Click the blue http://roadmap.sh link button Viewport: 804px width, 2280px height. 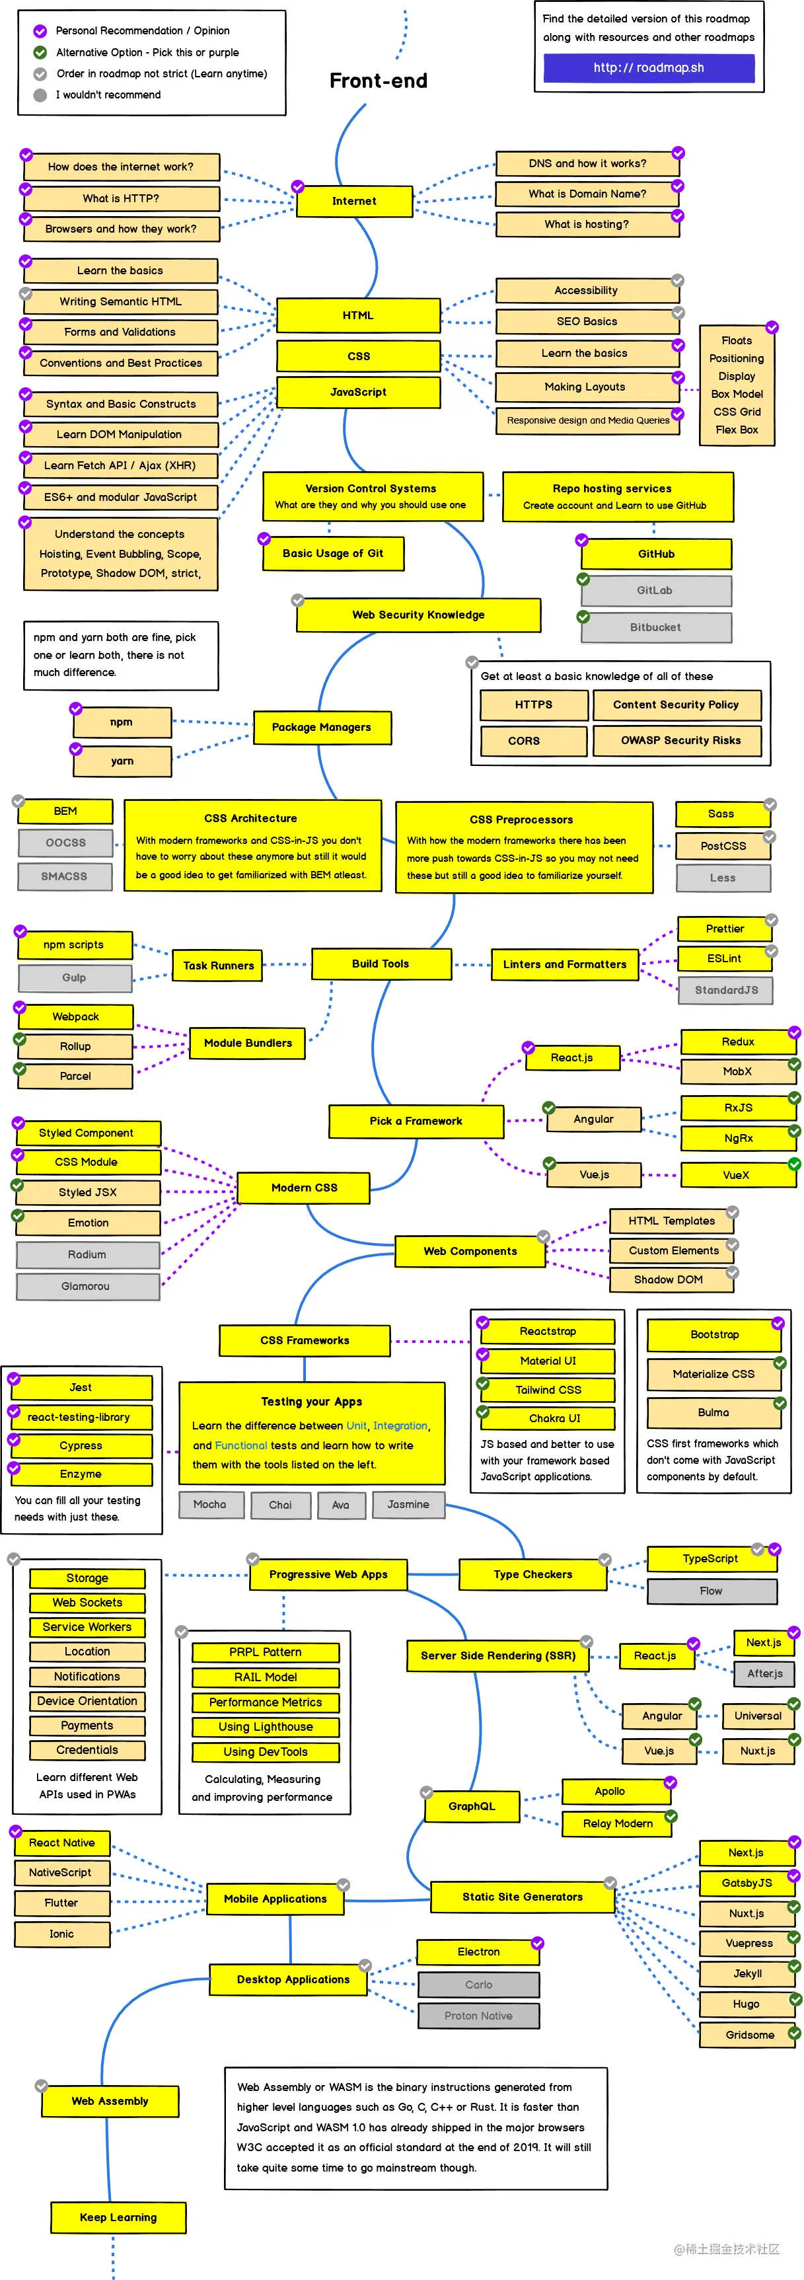point(648,68)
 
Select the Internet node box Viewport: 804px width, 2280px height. point(354,202)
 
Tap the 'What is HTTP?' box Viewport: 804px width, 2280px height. point(121,198)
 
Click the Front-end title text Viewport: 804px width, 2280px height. point(379,81)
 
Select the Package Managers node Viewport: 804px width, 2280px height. point(321,728)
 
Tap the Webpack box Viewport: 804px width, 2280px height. point(76,1017)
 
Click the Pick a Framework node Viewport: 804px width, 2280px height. point(416,1121)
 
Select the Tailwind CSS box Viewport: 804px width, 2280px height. point(548,1390)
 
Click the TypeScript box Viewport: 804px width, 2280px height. point(710,1558)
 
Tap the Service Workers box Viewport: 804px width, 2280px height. point(87,1627)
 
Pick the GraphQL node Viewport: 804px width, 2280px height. point(472,1806)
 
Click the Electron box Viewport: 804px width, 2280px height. point(478,1952)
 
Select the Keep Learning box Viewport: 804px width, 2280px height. point(118,2217)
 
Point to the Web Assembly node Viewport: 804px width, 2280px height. point(110,2101)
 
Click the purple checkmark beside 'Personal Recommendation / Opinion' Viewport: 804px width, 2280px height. point(40,31)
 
